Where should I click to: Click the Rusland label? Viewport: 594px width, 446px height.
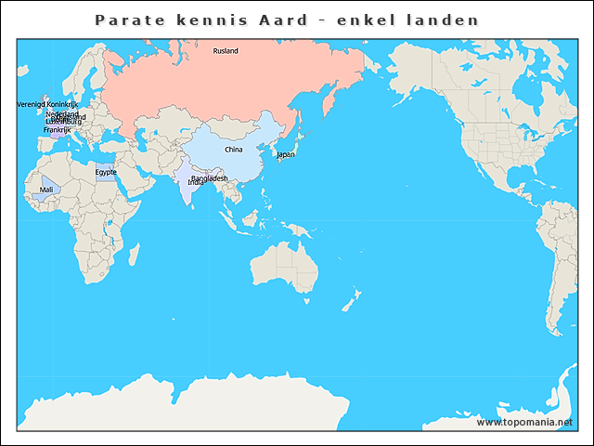coord(226,50)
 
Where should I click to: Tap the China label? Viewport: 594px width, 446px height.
coord(234,149)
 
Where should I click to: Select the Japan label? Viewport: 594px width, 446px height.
coord(286,154)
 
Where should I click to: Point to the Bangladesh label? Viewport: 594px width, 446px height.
coord(210,177)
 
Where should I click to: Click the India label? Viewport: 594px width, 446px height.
coord(196,183)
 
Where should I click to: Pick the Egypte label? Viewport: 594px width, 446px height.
coord(106,172)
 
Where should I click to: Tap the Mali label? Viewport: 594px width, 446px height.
coord(46,190)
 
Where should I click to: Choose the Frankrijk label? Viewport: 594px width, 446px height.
coord(57,130)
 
